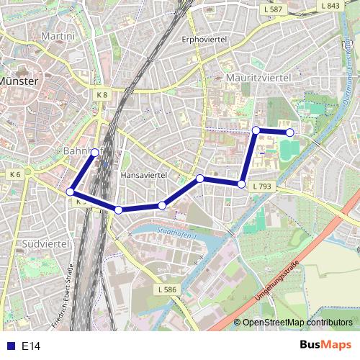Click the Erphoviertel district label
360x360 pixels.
(204, 39)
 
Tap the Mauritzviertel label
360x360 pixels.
(258, 76)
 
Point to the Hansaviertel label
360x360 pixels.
(144, 175)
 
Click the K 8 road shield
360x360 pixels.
(102, 94)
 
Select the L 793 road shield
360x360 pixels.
(261, 185)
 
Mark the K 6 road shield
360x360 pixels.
(16, 174)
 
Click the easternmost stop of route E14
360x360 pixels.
(290, 132)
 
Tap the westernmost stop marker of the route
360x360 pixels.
(71, 192)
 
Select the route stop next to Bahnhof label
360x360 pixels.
(95, 152)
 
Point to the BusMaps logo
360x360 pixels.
(324, 346)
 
